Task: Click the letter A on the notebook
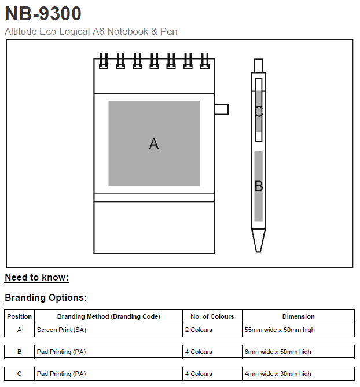coord(153,143)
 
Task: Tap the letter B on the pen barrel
coord(259,186)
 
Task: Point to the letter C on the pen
coord(259,112)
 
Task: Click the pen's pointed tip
coord(258,241)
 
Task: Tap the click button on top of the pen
coord(258,65)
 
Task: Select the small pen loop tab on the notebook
coord(221,109)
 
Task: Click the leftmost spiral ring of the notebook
coord(103,61)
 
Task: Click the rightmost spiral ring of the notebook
coord(204,61)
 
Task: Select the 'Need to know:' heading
coord(36,278)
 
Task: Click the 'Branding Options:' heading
coord(46,298)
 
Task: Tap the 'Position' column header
coord(19,316)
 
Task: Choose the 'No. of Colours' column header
coord(212,316)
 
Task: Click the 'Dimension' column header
coord(298,316)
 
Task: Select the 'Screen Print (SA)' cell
coord(61,330)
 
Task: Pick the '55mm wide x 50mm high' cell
coord(280,330)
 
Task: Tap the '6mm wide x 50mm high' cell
coord(278,352)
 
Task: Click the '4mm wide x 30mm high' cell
coord(278,374)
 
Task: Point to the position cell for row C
coord(19,374)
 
